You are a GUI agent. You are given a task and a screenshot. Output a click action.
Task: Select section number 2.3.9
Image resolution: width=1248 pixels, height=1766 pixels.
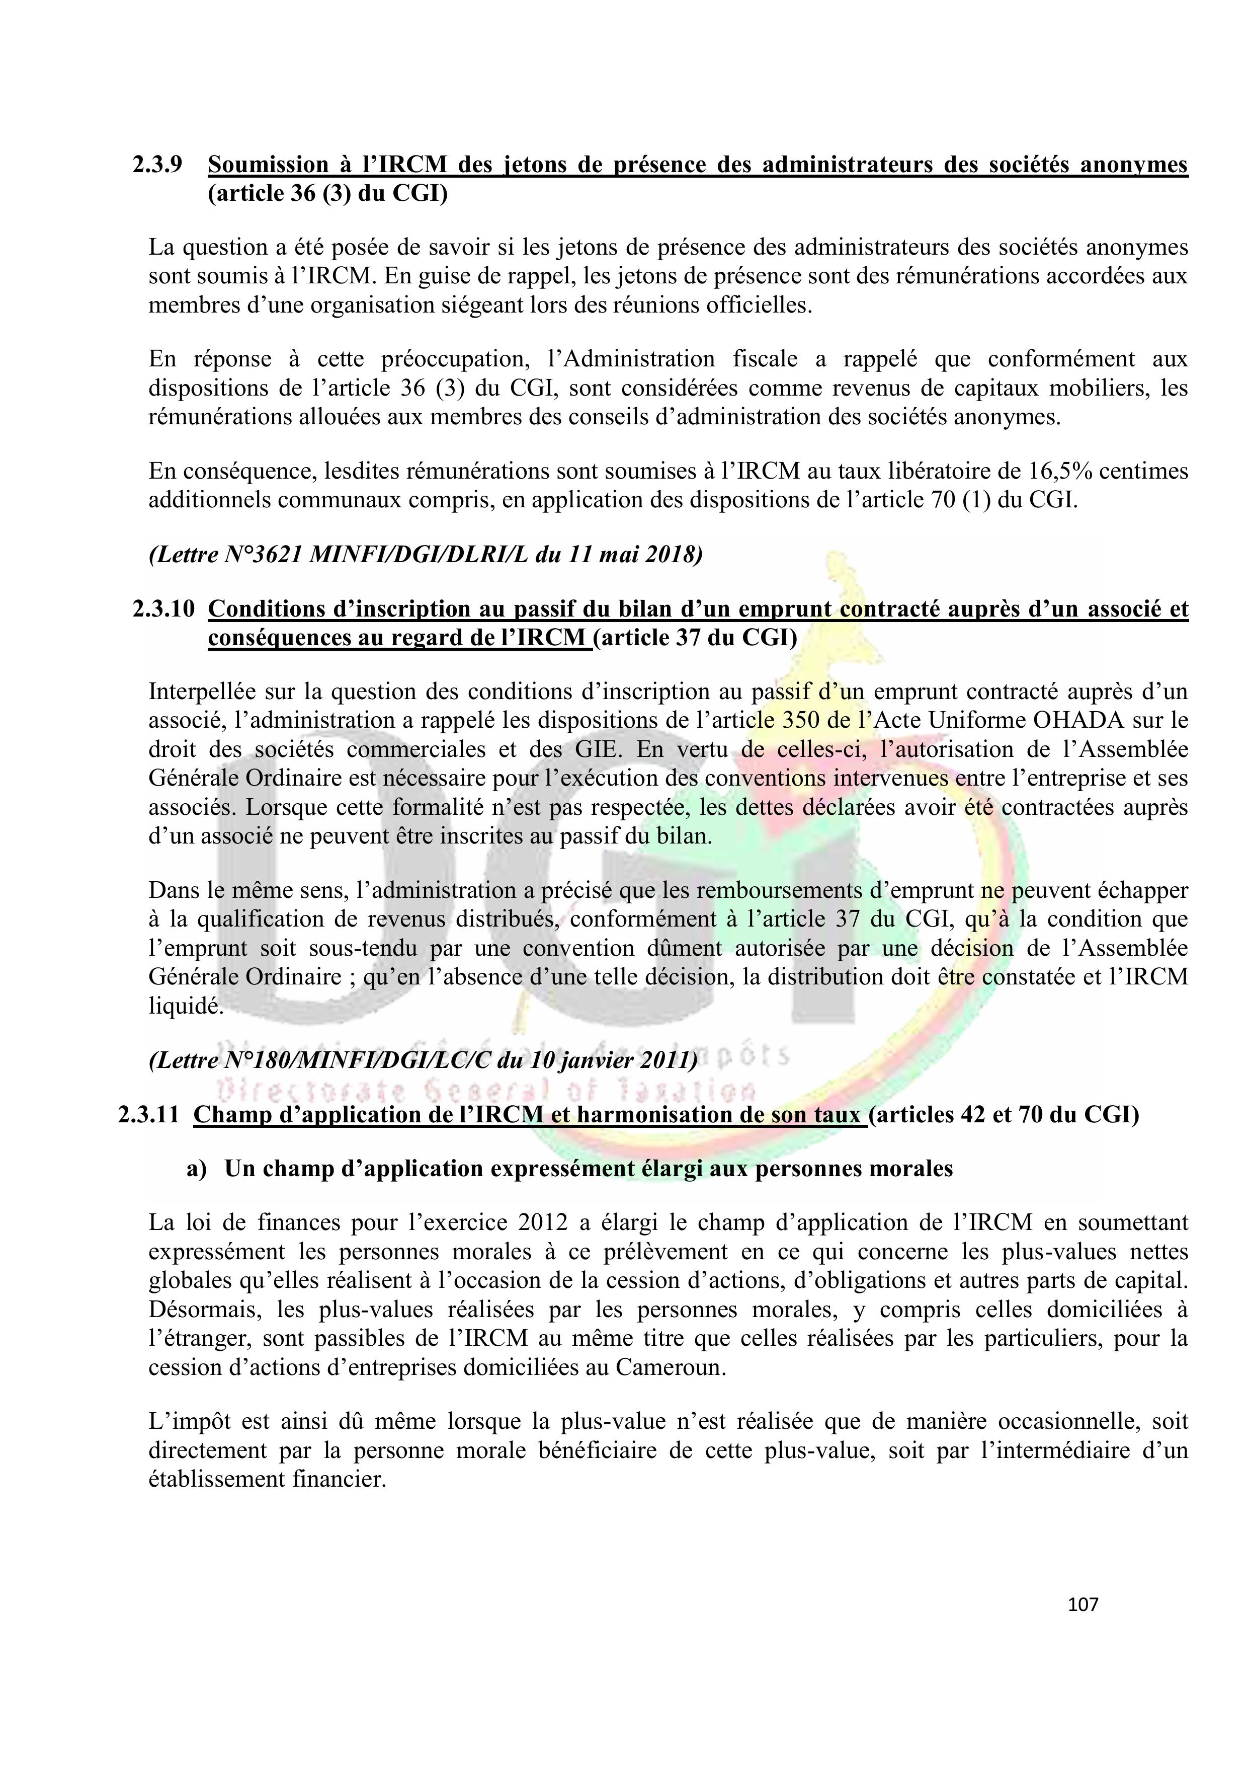tap(157, 165)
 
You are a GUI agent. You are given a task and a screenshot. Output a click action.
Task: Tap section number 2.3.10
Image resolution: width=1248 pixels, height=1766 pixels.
tap(164, 609)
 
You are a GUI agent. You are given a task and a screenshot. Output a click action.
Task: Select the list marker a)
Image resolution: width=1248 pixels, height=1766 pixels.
tap(197, 1169)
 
